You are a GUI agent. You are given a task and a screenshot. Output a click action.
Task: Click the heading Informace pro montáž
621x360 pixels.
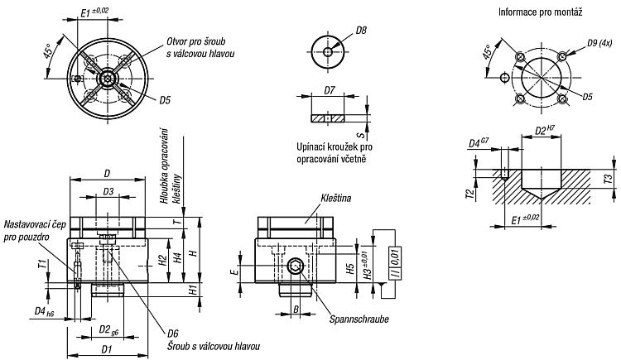pyautogui.click(x=540, y=12)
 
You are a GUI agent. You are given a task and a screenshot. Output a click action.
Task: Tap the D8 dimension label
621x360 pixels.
pyautogui.click(x=361, y=30)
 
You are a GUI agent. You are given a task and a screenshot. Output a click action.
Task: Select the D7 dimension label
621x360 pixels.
pyautogui.click(x=329, y=91)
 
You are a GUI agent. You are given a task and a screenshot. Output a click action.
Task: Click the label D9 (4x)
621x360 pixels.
pyautogui.click(x=599, y=43)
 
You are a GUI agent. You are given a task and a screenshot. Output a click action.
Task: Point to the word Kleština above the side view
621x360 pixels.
pyautogui.click(x=336, y=198)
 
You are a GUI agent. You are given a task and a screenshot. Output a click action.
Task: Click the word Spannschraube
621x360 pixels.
pyautogui.click(x=359, y=319)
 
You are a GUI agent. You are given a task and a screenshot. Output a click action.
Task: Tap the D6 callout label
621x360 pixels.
pyautogui.click(x=173, y=333)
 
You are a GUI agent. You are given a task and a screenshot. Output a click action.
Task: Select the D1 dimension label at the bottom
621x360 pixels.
pyautogui.click(x=107, y=349)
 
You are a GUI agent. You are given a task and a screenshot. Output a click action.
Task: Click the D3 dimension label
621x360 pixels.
pyautogui.click(x=108, y=192)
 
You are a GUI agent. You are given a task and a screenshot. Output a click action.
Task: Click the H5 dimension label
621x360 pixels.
pyautogui.click(x=349, y=269)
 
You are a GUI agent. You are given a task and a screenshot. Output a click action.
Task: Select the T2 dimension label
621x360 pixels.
pyautogui.click(x=470, y=194)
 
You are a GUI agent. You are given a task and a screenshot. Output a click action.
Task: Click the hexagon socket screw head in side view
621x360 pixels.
pyautogui.click(x=296, y=266)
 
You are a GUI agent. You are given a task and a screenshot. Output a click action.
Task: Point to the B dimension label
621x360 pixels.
pyautogui.click(x=296, y=309)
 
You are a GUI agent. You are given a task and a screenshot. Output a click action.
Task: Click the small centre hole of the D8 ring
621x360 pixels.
pyautogui.click(x=328, y=51)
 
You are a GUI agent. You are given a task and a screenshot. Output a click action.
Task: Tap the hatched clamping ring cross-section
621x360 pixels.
pyautogui.click(x=328, y=118)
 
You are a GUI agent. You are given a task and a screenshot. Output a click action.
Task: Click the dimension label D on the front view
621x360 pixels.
pyautogui.click(x=107, y=174)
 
